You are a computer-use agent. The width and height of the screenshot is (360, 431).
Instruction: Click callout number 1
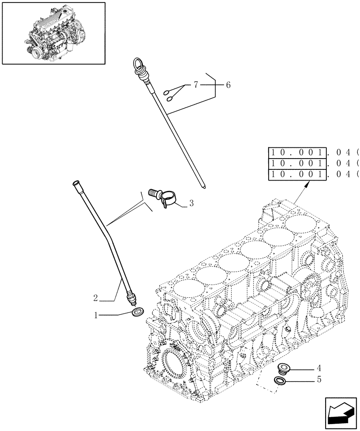[96, 315]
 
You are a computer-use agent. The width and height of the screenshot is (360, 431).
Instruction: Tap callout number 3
[191, 203]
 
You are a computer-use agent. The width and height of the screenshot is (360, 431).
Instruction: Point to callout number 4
[319, 368]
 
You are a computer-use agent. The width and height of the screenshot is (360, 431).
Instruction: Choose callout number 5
[319, 380]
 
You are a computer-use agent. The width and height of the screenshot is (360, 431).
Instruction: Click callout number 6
[228, 85]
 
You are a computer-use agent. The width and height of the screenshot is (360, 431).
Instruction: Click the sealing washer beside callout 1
[137, 312]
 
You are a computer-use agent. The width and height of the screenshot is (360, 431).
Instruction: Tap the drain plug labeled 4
[284, 369]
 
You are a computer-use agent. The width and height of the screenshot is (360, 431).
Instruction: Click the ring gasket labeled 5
[280, 381]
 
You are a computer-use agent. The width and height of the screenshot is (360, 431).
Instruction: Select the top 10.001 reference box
[297, 152]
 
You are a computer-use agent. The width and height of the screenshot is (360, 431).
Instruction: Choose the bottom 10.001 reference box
[297, 175]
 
